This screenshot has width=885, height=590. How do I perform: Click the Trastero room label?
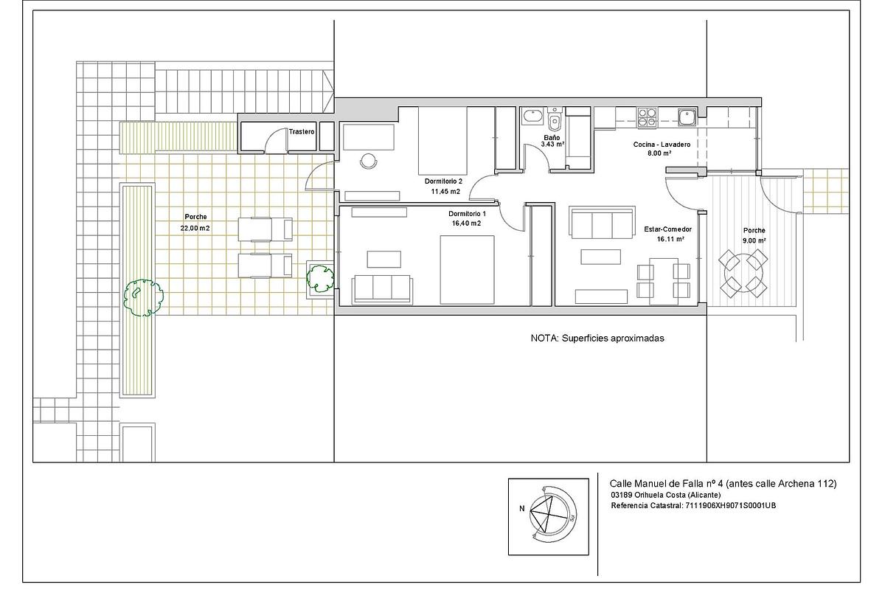(x=302, y=131)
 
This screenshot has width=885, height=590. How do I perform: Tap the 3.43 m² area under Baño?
(x=552, y=145)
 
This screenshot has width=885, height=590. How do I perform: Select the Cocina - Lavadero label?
(x=662, y=145)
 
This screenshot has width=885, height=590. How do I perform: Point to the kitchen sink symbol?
(x=687, y=117)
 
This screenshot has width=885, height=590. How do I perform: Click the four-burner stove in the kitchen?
(x=648, y=118)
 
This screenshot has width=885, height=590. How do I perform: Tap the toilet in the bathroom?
(x=555, y=119)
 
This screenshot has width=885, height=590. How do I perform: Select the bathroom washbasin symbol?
(x=532, y=117)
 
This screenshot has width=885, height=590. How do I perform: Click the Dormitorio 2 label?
(x=443, y=181)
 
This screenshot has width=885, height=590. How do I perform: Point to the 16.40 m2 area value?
(x=467, y=223)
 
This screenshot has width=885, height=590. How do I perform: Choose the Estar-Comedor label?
(x=667, y=229)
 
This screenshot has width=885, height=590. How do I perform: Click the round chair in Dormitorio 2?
(x=369, y=162)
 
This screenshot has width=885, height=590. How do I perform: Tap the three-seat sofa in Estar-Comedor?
(x=602, y=223)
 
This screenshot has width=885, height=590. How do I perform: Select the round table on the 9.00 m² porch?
(x=743, y=273)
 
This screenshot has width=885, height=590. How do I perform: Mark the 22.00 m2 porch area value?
(x=195, y=228)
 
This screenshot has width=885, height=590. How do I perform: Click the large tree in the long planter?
(x=143, y=297)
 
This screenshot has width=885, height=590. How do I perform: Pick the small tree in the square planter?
(x=320, y=279)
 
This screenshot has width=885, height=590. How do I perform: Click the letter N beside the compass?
(x=522, y=509)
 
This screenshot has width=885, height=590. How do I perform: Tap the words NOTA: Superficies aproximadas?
(x=597, y=339)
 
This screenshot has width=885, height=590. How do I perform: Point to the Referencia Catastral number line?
(x=693, y=505)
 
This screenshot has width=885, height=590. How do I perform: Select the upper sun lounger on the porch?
(x=265, y=229)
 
